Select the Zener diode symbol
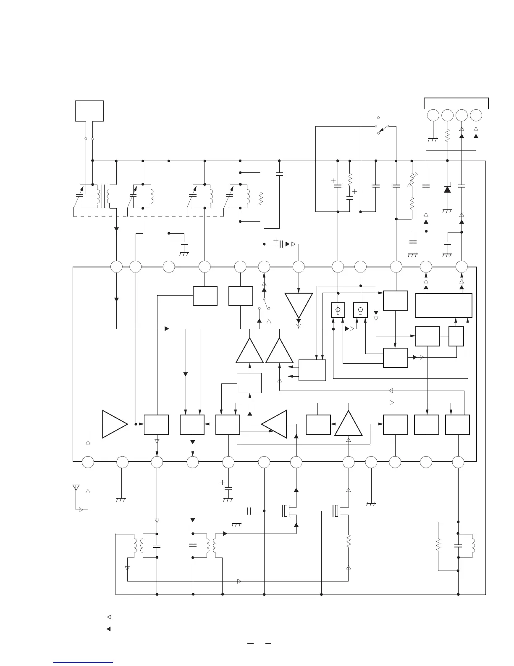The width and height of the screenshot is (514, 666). [447, 189]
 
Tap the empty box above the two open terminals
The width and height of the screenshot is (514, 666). [89, 111]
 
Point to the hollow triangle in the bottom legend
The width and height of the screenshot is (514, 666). [108, 617]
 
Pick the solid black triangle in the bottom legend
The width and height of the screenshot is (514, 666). [108, 629]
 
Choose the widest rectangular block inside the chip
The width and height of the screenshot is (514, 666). [443, 305]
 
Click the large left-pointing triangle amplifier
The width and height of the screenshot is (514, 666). [274, 424]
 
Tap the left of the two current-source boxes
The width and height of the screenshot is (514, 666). [338, 310]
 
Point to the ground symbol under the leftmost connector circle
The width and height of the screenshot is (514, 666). [433, 140]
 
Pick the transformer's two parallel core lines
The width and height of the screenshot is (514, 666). [102, 196]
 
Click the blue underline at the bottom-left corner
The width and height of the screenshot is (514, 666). [84, 663]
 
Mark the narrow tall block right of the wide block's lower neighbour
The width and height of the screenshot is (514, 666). [456, 336]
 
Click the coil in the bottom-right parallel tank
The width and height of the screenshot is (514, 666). [474, 546]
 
